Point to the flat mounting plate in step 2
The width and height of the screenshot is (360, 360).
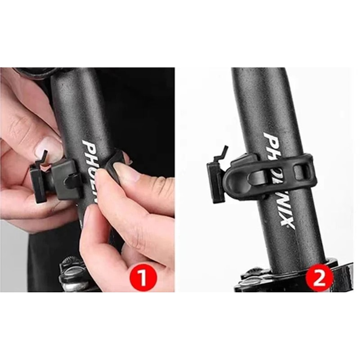tap(215, 182)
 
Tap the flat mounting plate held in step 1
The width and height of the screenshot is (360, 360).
tap(38, 184)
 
